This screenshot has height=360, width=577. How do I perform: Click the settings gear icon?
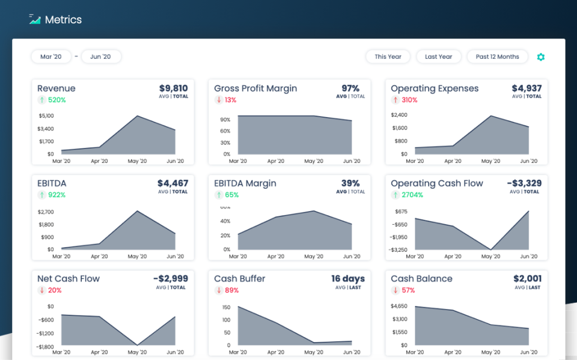(x=540, y=57)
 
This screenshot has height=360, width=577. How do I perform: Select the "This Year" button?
(x=388, y=56)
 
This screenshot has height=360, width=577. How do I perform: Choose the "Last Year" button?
(x=438, y=56)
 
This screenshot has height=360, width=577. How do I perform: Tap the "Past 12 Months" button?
(x=497, y=56)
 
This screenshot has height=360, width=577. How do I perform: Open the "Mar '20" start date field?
(x=51, y=56)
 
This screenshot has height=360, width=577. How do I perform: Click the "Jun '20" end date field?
(x=100, y=56)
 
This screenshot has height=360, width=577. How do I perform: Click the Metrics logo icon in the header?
(x=35, y=19)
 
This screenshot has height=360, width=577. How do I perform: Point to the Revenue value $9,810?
(x=172, y=88)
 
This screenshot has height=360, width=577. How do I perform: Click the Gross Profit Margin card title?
(x=255, y=88)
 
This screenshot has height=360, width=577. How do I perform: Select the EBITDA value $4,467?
(x=172, y=183)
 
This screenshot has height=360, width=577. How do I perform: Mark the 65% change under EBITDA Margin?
(x=231, y=195)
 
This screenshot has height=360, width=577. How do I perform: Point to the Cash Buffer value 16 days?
(x=347, y=278)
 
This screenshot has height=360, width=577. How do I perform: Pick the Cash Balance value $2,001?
(x=527, y=278)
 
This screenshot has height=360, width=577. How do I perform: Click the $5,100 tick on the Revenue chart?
(x=46, y=115)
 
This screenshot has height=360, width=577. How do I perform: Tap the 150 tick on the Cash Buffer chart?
(x=226, y=307)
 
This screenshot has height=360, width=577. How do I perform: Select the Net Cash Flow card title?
(x=69, y=279)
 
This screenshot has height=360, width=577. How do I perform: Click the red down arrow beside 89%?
(x=218, y=290)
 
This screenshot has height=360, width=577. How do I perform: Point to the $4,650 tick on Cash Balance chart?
(x=400, y=307)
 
